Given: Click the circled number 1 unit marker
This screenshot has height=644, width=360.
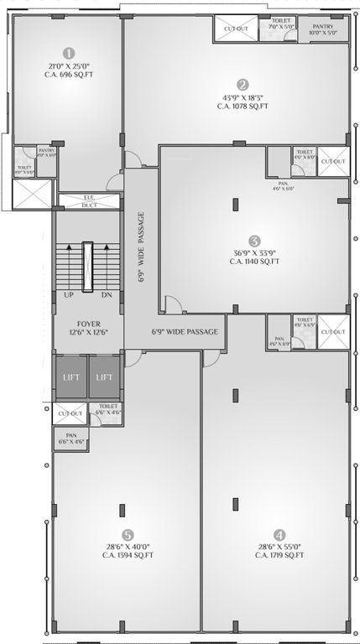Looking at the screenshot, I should pyautogui.click(x=69, y=52).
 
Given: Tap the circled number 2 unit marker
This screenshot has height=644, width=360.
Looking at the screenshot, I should pyautogui.click(x=243, y=84).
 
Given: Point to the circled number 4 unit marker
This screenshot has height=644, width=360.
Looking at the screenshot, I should pyautogui.click(x=278, y=533).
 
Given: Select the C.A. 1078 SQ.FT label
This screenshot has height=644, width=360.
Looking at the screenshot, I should pyautogui.click(x=243, y=106).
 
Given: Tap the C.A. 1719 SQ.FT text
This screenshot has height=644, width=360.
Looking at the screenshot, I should pyautogui.click(x=278, y=555).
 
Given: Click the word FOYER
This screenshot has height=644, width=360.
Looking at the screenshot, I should pyautogui.click(x=88, y=320).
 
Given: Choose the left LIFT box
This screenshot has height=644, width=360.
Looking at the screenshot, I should pyautogui.click(x=70, y=377).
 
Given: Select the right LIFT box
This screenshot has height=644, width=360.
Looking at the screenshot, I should pyautogui.click(x=105, y=377).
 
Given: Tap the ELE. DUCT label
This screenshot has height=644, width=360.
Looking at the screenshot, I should pyautogui.click(x=88, y=201).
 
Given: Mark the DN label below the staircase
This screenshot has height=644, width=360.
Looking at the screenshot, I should pyautogui.click(x=106, y=295).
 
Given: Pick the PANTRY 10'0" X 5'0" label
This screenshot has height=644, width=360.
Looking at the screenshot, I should pyautogui.click(x=323, y=30).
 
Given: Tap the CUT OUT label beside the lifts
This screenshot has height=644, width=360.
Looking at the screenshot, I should pyautogui.click(x=70, y=413).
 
